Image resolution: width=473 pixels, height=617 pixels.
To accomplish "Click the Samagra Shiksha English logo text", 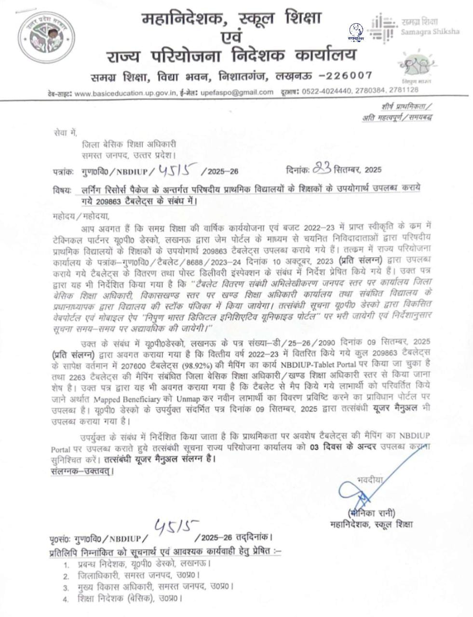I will point(430,31).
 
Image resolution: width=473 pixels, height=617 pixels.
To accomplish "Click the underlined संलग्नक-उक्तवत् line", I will point(82,470).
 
